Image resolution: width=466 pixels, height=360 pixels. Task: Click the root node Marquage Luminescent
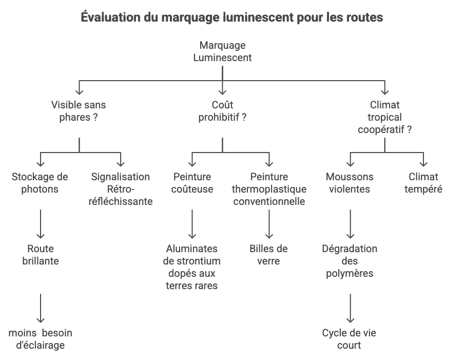[x=222, y=51]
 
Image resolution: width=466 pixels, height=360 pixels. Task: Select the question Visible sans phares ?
[x=79, y=111]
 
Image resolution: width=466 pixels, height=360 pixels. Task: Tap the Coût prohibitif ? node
[x=222, y=111]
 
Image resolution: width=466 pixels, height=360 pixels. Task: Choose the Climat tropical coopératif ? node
[x=384, y=117]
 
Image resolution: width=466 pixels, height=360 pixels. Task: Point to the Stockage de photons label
[x=40, y=183]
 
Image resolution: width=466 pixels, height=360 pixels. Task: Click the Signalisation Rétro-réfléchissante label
[x=121, y=189]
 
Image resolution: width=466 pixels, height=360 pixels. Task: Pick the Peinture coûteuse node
[x=192, y=183]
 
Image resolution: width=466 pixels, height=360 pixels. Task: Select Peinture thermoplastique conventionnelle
[x=269, y=189]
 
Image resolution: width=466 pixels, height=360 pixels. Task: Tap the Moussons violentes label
[x=349, y=183]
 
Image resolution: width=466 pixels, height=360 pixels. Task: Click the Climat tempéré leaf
[x=423, y=183]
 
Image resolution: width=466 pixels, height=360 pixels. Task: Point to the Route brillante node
[x=41, y=255]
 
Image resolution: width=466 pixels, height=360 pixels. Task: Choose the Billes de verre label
[x=268, y=255]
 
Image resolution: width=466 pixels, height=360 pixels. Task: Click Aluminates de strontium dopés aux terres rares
[x=192, y=267]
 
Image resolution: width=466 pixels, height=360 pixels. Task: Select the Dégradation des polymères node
[x=349, y=261]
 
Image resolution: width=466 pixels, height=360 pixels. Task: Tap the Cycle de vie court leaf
[x=349, y=339]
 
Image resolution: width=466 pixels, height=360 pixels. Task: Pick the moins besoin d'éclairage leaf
[x=41, y=339]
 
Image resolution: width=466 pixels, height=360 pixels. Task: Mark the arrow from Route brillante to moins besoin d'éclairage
[x=41, y=308]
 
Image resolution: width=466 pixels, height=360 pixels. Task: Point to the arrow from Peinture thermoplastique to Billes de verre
[x=269, y=224]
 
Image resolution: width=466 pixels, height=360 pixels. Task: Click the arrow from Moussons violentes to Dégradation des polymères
[x=351, y=224]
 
